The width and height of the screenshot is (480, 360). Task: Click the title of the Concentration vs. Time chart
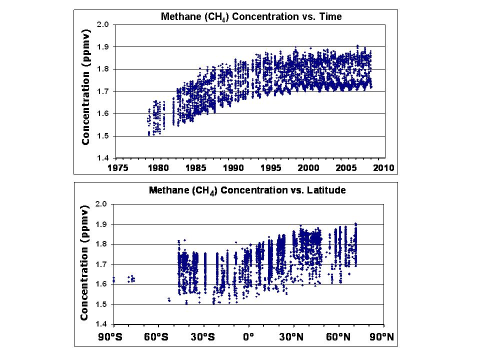click(251, 16)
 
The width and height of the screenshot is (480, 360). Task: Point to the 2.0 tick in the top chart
click(102, 24)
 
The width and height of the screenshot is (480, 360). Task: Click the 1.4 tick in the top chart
click(102, 158)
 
